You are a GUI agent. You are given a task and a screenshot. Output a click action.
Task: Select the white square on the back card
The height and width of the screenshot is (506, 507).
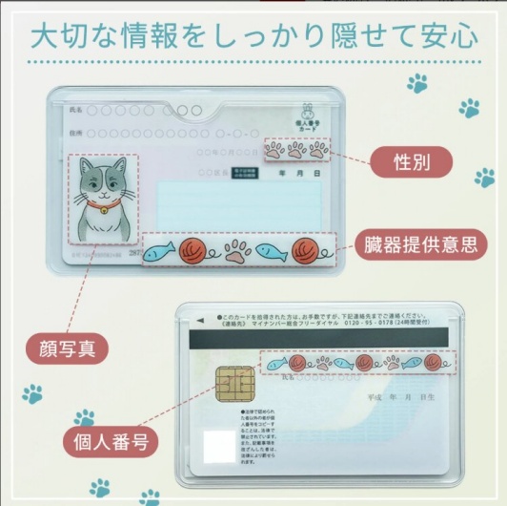(219, 445)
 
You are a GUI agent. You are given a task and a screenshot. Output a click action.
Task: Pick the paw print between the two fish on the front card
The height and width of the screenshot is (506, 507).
(236, 250)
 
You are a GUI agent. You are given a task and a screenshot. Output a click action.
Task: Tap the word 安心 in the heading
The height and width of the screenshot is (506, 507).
(450, 37)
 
